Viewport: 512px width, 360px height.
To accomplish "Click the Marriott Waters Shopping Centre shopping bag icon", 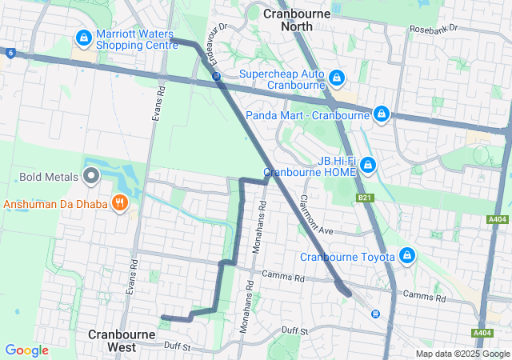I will [x=82, y=38].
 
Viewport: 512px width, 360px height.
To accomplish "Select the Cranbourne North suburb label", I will [x=291, y=20].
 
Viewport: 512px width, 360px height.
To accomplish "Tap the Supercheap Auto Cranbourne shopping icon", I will [x=338, y=78].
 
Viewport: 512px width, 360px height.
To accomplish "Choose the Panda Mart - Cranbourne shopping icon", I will [x=382, y=114].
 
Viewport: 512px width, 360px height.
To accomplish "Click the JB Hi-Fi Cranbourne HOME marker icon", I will [x=367, y=166].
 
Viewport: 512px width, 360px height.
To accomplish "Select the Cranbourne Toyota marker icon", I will [x=407, y=256].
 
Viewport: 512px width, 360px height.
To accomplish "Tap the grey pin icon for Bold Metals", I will [x=90, y=175].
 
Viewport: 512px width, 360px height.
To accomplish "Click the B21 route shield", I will [x=366, y=197].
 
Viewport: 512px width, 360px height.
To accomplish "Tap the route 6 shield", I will [x=10, y=53].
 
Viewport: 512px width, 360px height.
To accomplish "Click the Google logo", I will [x=26, y=350].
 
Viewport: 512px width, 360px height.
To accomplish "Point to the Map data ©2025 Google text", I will [x=462, y=354].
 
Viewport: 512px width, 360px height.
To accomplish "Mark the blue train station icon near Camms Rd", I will [x=374, y=314].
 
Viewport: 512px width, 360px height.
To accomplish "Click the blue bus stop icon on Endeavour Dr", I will [x=216, y=76].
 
